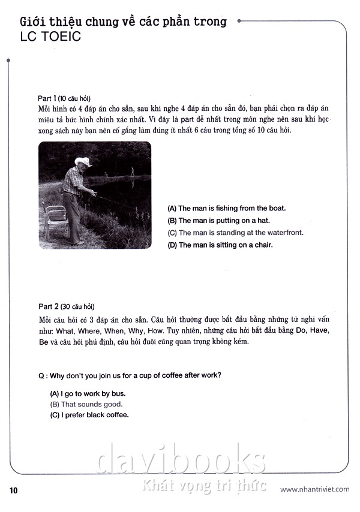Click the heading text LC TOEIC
point(50,37)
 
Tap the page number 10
point(14,490)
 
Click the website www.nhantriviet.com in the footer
point(314,489)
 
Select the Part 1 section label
point(65,98)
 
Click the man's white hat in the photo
point(83,162)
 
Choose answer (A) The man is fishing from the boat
point(226,209)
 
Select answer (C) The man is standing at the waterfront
point(235,233)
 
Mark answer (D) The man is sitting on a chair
point(220,245)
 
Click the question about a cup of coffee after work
point(129,376)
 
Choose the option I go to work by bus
point(88,393)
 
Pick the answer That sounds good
point(86,404)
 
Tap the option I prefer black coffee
point(89,415)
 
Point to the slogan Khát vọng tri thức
point(205,485)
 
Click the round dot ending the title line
point(239,21)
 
